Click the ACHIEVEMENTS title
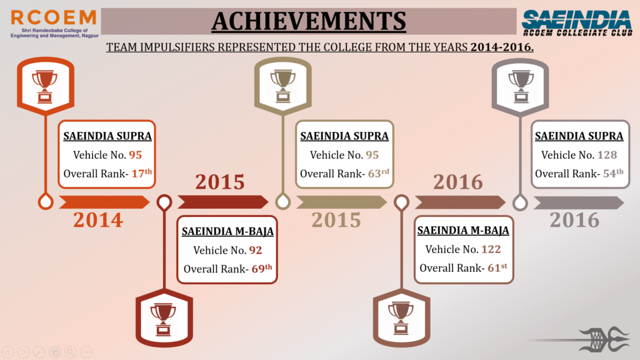coord(309,21)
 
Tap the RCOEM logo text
coord(54,18)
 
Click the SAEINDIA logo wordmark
coord(576,20)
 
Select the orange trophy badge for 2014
coord(45,86)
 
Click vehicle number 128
coord(607,155)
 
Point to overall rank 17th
coord(142,174)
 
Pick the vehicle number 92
coord(256,250)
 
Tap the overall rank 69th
coord(262,269)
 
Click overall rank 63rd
coord(378,174)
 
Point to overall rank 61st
coord(497,267)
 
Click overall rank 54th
coord(613,174)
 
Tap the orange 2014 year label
coord(98,220)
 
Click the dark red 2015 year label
coord(220,182)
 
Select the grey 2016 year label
coord(575,220)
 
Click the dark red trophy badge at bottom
coord(164,318)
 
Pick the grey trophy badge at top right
coord(520,86)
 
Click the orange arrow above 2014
coord(104,202)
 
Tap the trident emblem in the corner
coord(605,339)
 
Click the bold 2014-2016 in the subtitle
coord(502,47)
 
